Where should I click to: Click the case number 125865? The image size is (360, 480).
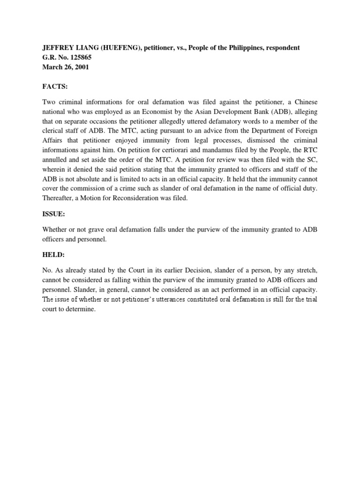pos(81,58)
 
